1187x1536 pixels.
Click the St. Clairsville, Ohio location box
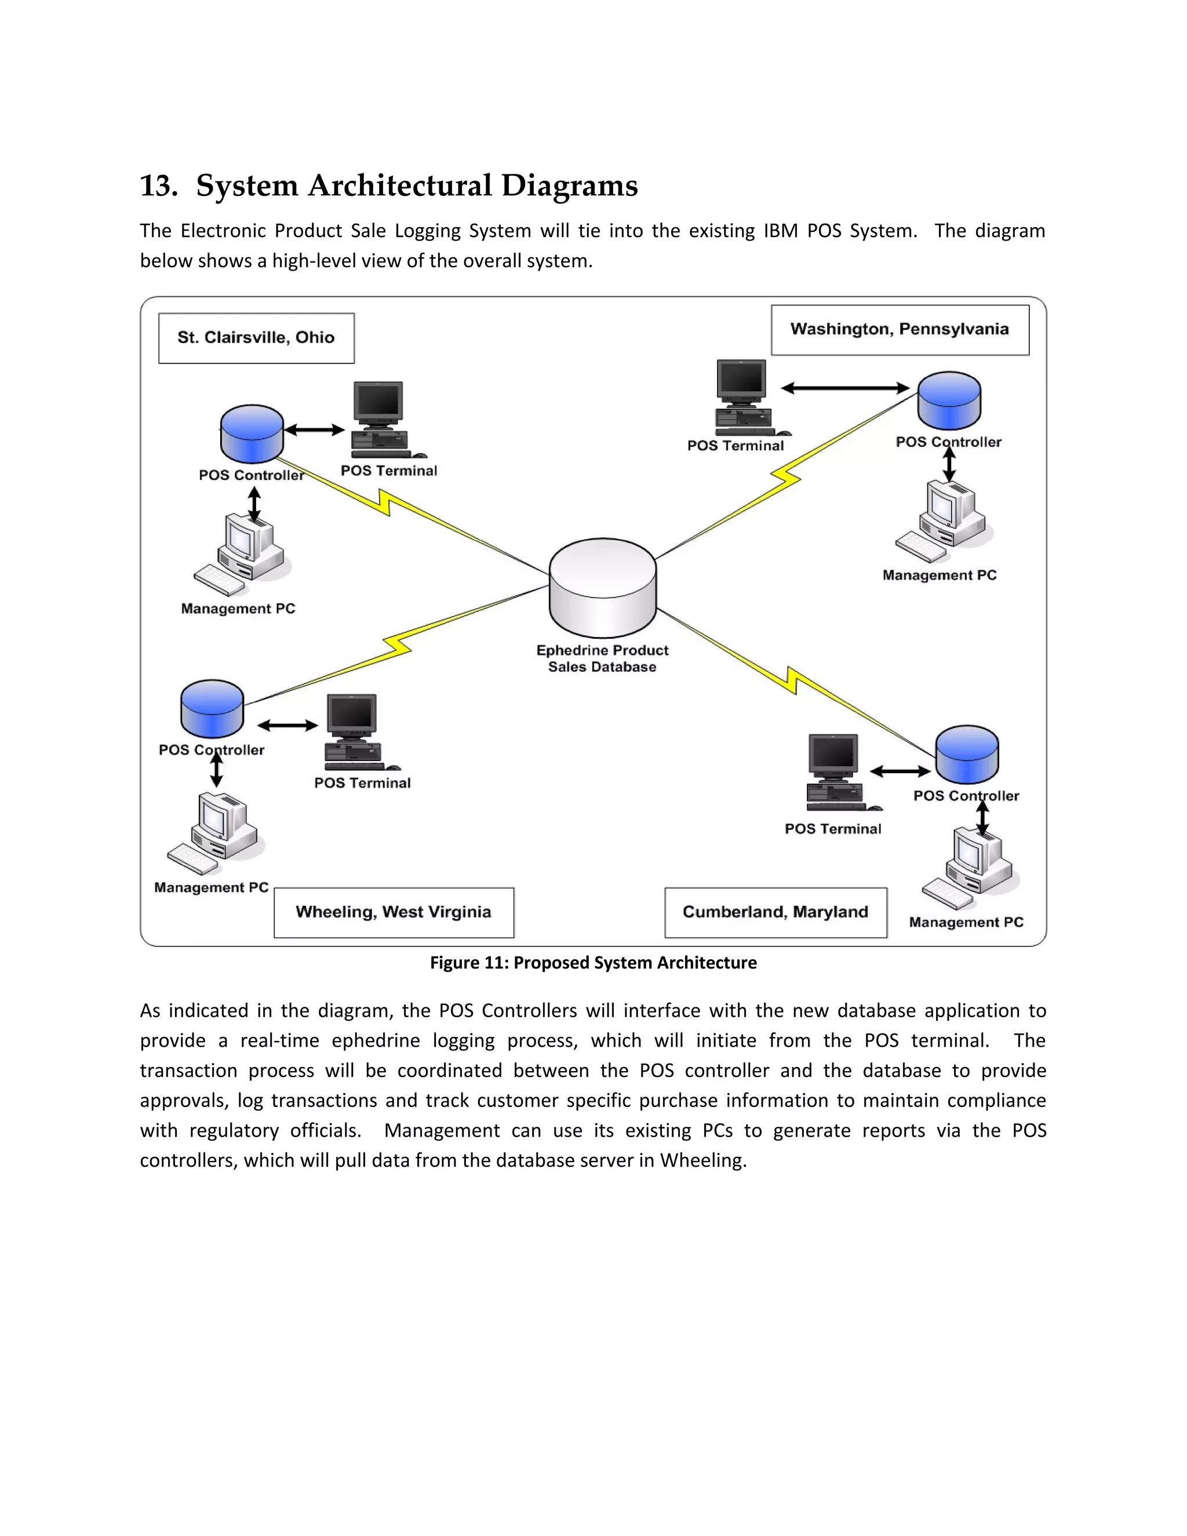pyautogui.click(x=256, y=338)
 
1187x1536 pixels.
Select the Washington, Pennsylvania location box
pyautogui.click(x=900, y=330)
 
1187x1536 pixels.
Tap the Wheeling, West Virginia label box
pyautogui.click(x=394, y=912)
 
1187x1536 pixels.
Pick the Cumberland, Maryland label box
pyautogui.click(x=775, y=912)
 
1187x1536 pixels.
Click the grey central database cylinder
pyautogui.click(x=603, y=588)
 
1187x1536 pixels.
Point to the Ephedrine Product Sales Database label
pyautogui.click(x=602, y=658)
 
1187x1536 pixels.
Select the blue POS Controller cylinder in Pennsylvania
pyautogui.click(x=949, y=401)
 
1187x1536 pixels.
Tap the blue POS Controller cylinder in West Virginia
pyautogui.click(x=212, y=708)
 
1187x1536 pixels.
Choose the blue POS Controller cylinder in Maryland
pyautogui.click(x=967, y=754)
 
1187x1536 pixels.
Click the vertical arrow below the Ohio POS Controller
pyautogui.click(x=254, y=504)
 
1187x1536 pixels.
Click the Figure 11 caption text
pyautogui.click(x=593, y=963)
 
